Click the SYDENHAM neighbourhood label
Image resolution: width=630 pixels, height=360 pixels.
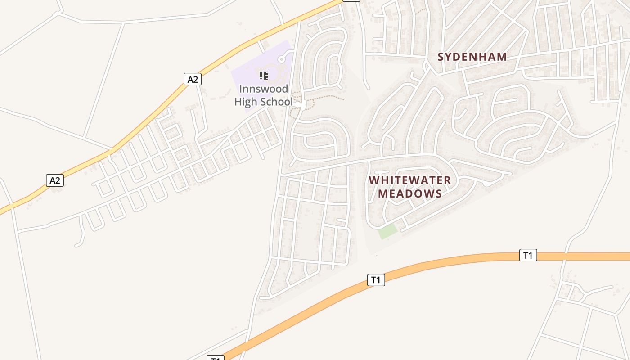(x=472, y=57)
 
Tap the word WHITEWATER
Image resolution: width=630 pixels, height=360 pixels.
(x=409, y=180)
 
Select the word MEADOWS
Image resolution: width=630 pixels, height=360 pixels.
(x=409, y=193)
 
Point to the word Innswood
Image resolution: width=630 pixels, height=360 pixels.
(x=263, y=89)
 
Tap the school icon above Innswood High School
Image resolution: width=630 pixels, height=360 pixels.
(x=264, y=75)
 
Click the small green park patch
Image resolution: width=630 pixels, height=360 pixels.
(x=387, y=231)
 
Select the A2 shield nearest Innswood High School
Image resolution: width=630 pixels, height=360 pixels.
(x=192, y=80)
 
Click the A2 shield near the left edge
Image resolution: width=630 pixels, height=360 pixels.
(x=54, y=180)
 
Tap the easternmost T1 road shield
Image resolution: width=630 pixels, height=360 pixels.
(x=528, y=256)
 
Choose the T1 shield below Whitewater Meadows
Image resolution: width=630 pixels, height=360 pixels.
(x=376, y=280)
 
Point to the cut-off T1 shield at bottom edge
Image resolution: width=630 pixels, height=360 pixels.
(x=216, y=358)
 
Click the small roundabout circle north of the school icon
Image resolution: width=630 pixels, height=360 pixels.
(x=282, y=59)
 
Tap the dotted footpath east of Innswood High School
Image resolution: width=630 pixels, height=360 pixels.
(x=324, y=96)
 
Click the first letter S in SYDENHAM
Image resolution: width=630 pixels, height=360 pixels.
(x=441, y=57)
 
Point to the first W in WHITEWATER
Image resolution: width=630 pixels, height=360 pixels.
(x=373, y=180)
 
